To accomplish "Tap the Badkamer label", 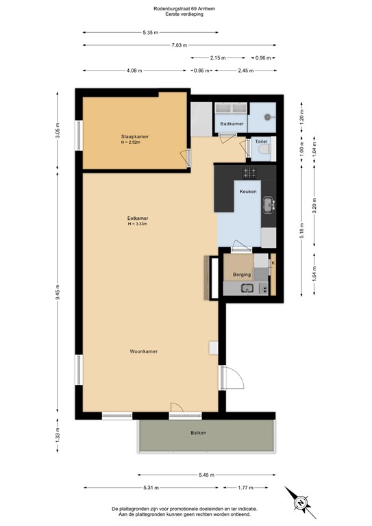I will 232,123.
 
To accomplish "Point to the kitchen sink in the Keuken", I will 270,203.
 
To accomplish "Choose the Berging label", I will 241,275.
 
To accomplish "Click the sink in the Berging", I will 246,289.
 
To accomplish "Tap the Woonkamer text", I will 144,351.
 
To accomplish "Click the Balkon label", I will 199,433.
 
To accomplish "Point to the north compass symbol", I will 301,502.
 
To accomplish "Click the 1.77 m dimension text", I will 247,488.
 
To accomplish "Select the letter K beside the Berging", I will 273,263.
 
